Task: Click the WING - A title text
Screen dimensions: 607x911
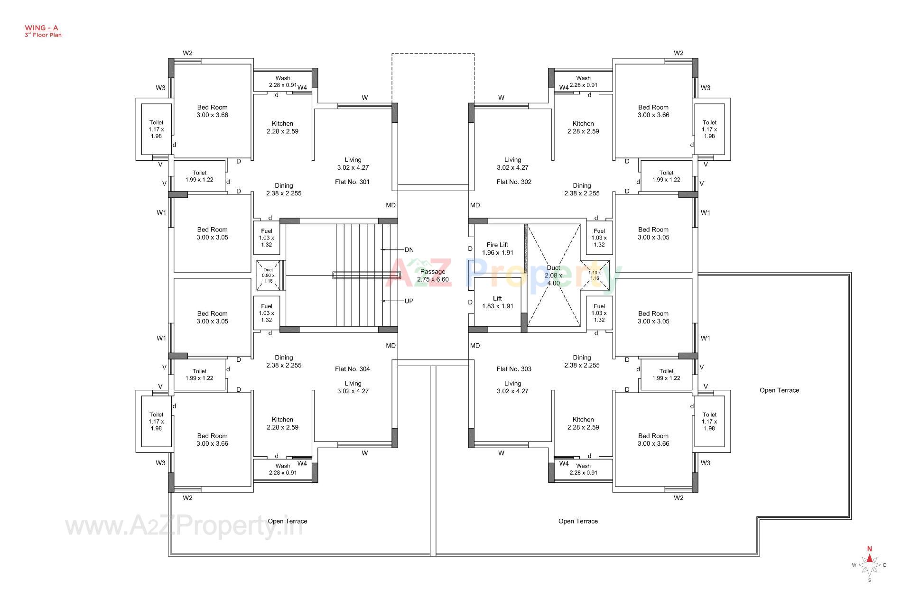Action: [x=41, y=28]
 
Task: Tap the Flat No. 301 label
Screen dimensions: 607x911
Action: [x=352, y=182]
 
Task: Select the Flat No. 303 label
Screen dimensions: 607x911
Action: [x=514, y=368]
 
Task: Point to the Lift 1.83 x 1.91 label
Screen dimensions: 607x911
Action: [x=497, y=302]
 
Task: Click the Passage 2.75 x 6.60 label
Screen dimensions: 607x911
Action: [x=433, y=275]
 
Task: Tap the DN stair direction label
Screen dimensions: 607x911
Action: [x=409, y=249]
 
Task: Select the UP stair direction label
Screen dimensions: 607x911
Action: [x=409, y=301]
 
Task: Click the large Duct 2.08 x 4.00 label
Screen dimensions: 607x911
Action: [x=553, y=275]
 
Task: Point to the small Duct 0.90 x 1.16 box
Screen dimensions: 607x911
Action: [x=268, y=275]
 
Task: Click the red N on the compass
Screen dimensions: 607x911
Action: [x=869, y=549]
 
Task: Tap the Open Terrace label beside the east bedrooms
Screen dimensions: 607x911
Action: [x=779, y=390]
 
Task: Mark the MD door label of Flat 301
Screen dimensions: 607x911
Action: [x=390, y=205]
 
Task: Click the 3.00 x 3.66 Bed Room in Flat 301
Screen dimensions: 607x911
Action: [x=212, y=111]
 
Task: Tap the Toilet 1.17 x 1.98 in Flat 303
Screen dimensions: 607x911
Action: [x=709, y=421]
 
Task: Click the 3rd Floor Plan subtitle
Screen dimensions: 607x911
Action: [x=43, y=35]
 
